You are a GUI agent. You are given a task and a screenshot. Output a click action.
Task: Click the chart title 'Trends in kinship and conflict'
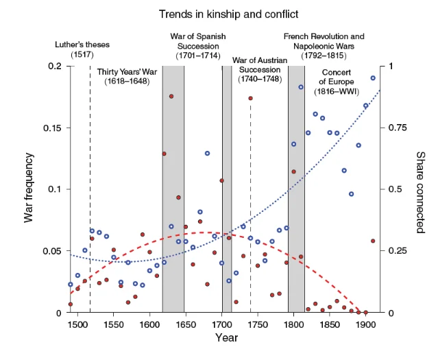pos(228,14)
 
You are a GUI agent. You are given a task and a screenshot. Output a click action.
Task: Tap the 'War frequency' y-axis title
pos(29,188)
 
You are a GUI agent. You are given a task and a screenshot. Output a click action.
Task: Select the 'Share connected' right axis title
pos(420,192)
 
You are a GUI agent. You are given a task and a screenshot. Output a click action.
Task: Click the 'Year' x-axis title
pos(226,337)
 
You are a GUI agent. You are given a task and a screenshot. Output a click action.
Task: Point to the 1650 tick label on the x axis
pos(186,325)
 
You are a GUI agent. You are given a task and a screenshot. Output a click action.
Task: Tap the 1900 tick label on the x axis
pos(365,325)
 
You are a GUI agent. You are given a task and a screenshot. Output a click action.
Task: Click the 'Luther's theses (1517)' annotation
pos(82,49)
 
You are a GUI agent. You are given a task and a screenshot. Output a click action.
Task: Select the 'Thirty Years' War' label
pos(127,76)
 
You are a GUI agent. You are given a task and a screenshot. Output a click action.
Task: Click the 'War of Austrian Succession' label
pos(260,69)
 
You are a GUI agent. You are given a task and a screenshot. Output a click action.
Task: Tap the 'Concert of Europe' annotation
pos(337,82)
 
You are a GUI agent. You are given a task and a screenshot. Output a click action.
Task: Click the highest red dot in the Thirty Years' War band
pos(171,97)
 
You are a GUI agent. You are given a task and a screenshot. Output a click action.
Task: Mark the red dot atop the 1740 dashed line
pos(251,98)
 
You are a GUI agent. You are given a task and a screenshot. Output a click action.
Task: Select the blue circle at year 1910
pos(373,78)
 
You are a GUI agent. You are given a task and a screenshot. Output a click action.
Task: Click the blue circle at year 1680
pos(207,153)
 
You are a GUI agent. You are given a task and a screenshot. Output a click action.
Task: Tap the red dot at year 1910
pos(373,241)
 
